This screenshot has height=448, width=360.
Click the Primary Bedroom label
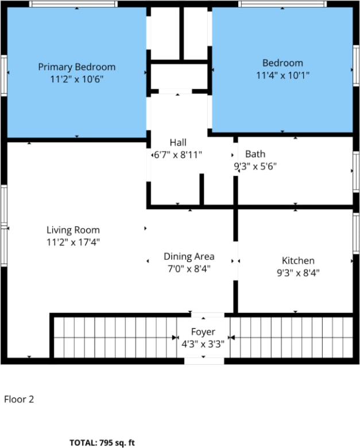[76, 67]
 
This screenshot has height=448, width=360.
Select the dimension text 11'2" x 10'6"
[76, 79]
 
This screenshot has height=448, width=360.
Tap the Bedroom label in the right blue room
[282, 63]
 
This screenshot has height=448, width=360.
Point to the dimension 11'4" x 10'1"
[282, 75]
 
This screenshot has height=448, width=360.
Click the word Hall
[178, 142]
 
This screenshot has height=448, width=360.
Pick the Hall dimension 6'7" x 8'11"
[178, 155]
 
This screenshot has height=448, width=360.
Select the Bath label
[255, 154]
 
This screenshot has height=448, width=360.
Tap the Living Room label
[73, 230]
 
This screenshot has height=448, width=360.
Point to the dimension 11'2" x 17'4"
[73, 242]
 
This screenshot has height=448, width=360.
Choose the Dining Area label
[189, 256]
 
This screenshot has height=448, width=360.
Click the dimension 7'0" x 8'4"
[189, 268]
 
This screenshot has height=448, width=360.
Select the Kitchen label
[297, 261]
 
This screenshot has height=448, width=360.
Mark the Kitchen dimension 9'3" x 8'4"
[297, 273]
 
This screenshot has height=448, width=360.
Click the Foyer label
[203, 332]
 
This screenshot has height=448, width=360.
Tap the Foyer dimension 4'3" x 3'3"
[203, 344]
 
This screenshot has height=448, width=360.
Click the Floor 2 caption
[19, 399]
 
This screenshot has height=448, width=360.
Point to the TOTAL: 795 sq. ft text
[102, 443]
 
